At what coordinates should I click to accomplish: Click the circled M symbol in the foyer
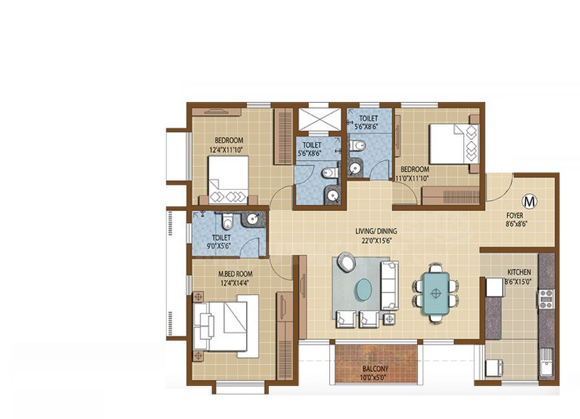pyautogui.click(x=529, y=202)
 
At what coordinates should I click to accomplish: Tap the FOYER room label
pyautogui.click(x=514, y=215)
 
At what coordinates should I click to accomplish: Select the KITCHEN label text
pyautogui.click(x=519, y=272)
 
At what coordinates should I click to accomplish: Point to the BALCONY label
pyautogui.click(x=375, y=369)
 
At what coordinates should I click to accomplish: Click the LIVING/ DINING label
pyautogui.click(x=375, y=231)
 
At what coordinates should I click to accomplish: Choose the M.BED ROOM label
pyautogui.click(x=235, y=275)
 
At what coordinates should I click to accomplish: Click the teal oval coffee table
pyautogui.click(x=364, y=289)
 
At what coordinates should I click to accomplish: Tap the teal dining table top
pyautogui.click(x=436, y=293)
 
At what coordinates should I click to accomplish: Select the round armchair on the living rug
pyautogui.click(x=346, y=262)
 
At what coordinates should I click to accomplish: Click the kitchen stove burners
pyautogui.click(x=546, y=299)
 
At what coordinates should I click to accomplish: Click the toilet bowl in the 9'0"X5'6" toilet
pyautogui.click(x=227, y=222)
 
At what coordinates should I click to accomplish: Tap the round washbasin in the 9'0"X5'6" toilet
pyautogui.click(x=252, y=219)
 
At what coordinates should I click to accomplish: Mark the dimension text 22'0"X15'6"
pyautogui.click(x=376, y=240)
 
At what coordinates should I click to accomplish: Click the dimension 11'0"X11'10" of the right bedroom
pyautogui.click(x=411, y=178)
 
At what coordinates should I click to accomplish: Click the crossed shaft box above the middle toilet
pyautogui.click(x=320, y=119)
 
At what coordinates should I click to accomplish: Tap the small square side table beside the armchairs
pyautogui.click(x=390, y=319)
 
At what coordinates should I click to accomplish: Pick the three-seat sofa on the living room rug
pyautogui.click(x=389, y=286)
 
